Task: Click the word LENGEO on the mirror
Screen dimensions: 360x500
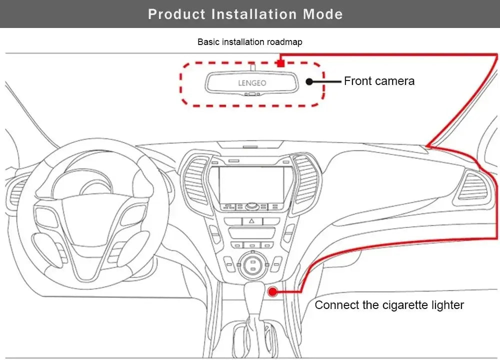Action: click(x=251, y=83)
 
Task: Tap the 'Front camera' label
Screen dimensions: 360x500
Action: click(x=379, y=81)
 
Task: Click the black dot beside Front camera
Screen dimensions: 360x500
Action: click(x=309, y=81)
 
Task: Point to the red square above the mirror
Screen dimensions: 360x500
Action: click(x=281, y=63)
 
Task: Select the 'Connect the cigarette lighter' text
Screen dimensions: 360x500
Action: click(x=389, y=305)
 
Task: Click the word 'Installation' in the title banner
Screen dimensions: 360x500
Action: click(x=255, y=14)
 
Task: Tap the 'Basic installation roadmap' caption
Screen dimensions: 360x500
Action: click(x=250, y=42)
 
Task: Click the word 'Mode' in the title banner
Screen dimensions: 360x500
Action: click(x=322, y=14)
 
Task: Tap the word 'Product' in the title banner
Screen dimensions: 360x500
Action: click(x=177, y=14)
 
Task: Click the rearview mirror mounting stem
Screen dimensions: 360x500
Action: click(x=253, y=66)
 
